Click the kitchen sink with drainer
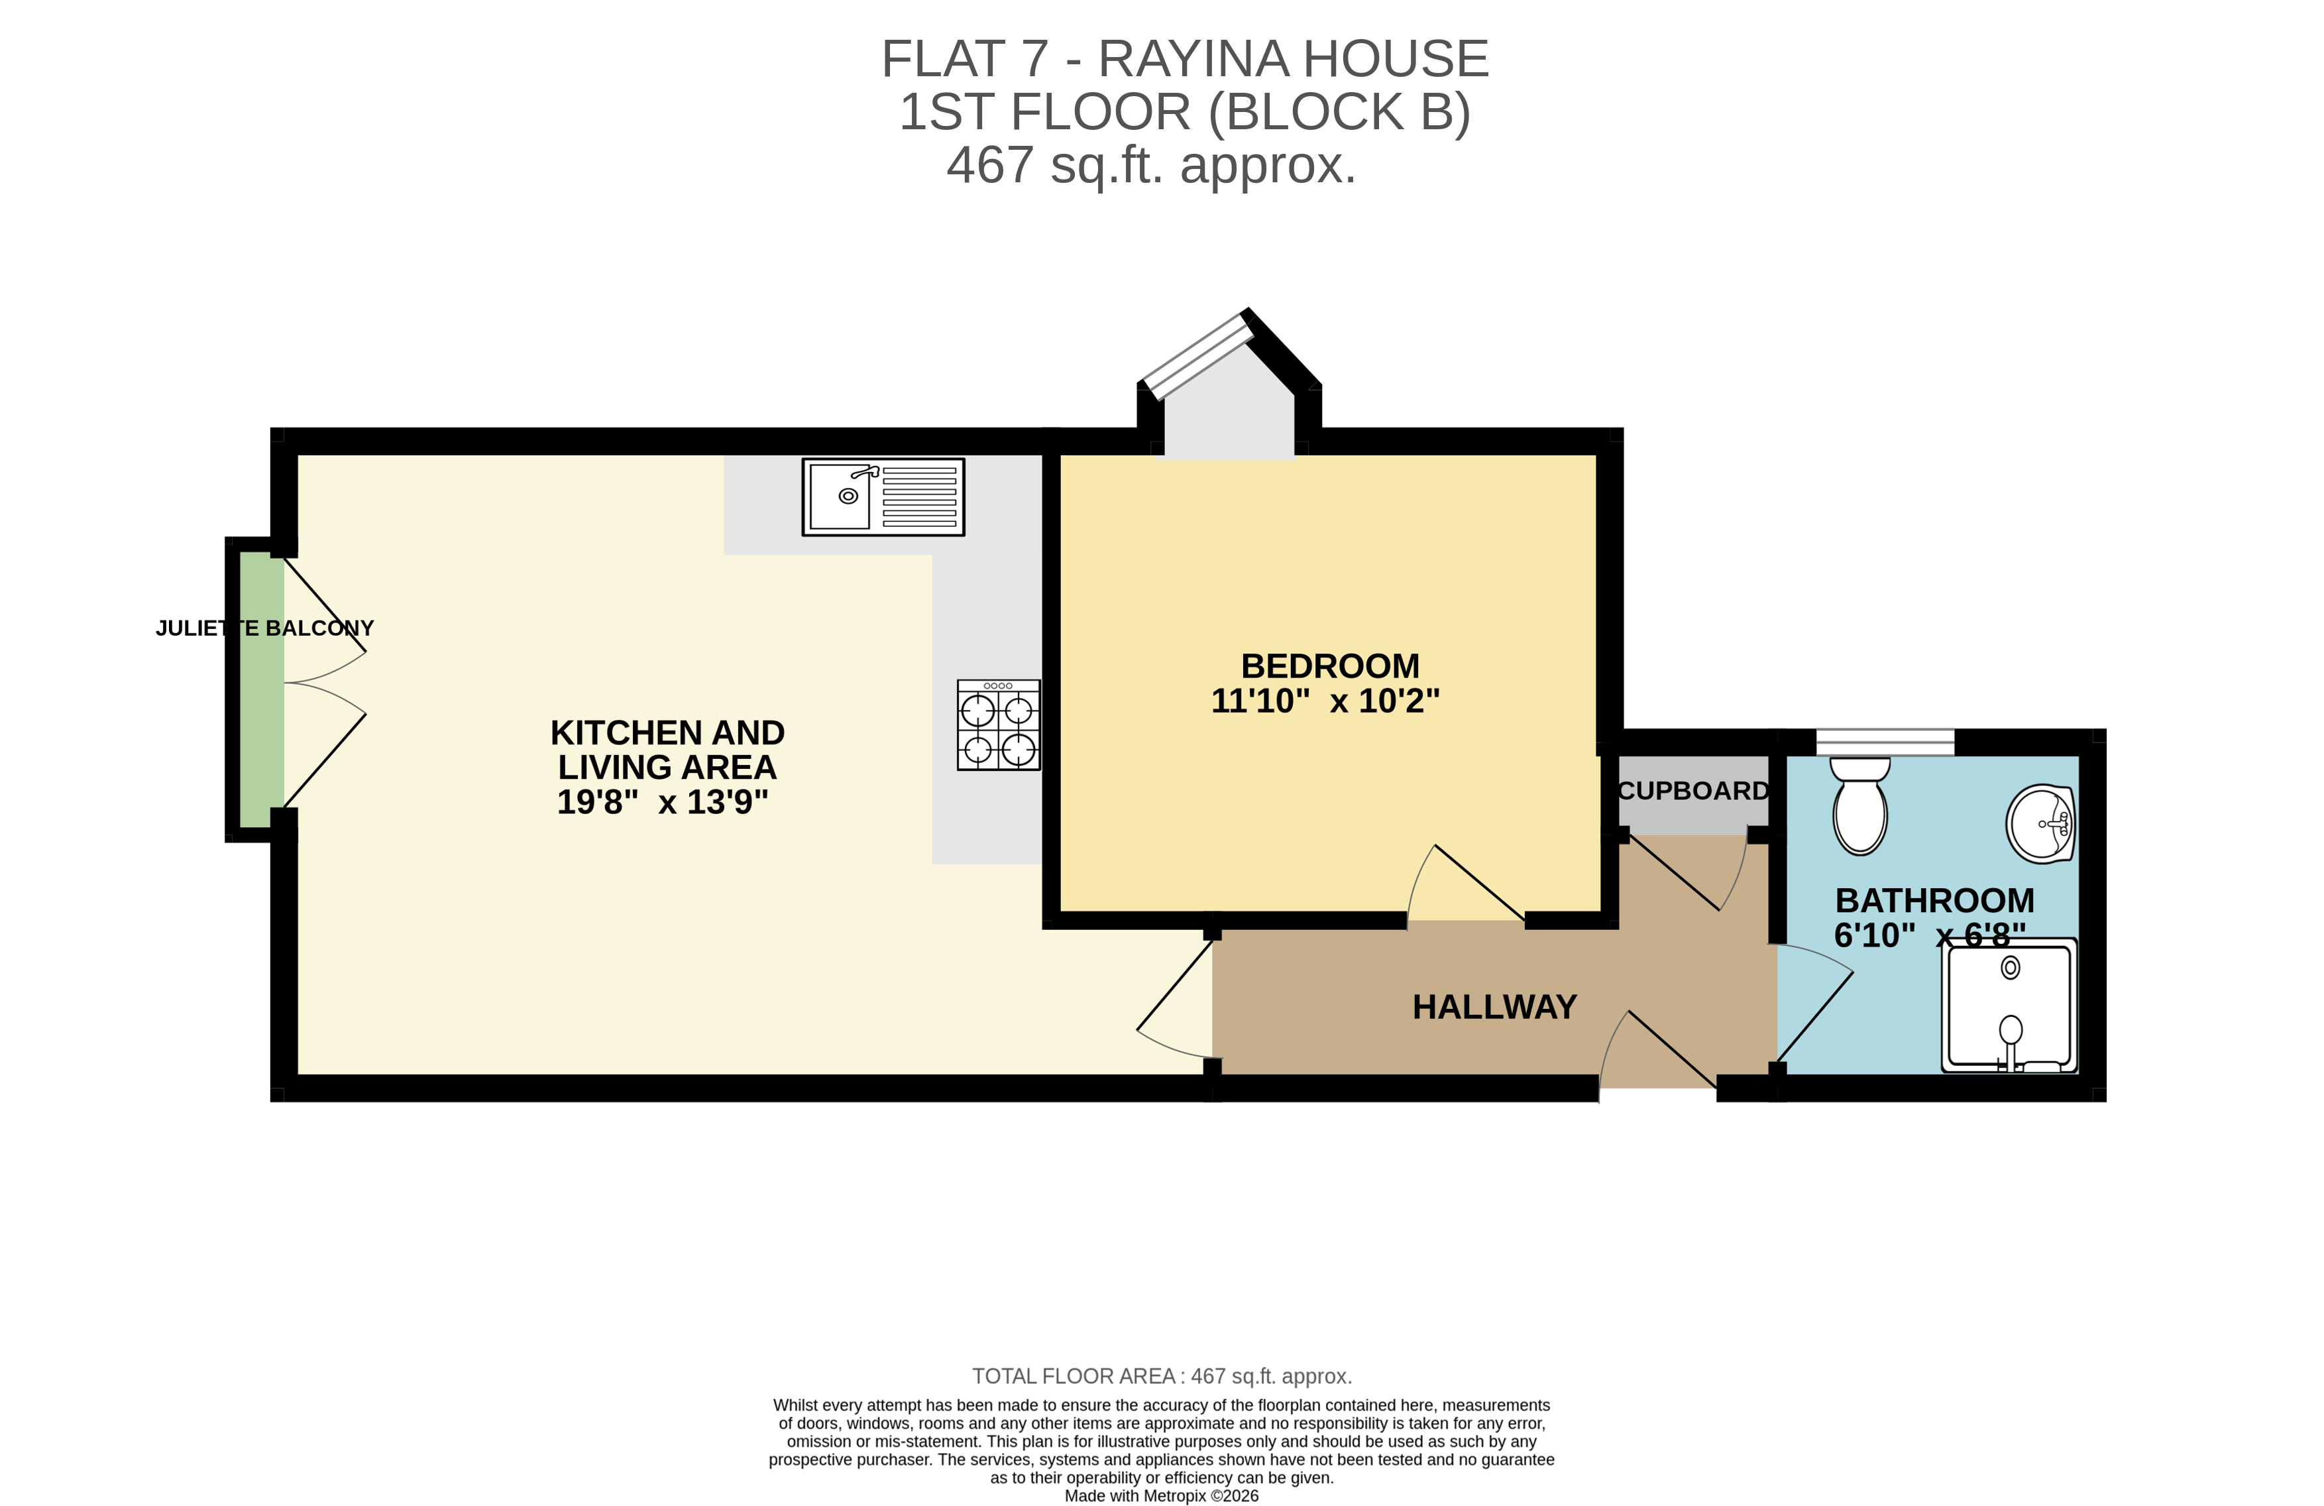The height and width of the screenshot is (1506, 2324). (883, 497)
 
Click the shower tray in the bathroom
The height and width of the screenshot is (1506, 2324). (2009, 1006)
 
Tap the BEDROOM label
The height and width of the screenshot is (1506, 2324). (1330, 666)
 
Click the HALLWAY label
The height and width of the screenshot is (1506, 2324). (1494, 1007)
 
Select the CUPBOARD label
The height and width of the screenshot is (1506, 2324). (1693, 790)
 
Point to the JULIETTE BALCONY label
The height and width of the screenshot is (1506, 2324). (264, 628)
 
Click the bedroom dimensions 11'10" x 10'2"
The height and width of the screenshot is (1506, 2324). (1325, 701)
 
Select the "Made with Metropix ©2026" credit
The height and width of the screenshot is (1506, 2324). (1161, 1495)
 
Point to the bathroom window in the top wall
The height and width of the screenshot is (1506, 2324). (1885, 742)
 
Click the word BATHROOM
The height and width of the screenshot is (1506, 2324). (1934, 900)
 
